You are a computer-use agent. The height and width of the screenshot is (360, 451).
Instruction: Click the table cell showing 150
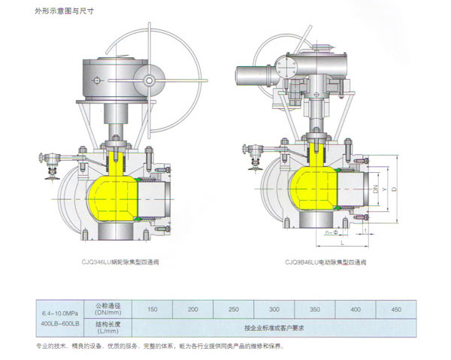pyautogui.click(x=153, y=309)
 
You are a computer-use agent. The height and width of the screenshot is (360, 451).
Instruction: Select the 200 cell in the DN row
pyautogui.click(x=193, y=309)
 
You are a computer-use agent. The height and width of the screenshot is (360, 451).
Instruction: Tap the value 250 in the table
pyautogui.click(x=234, y=309)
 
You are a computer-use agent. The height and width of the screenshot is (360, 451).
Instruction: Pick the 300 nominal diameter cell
pyautogui.click(x=274, y=309)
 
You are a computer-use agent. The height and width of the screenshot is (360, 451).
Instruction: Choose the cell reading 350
pyautogui.click(x=314, y=309)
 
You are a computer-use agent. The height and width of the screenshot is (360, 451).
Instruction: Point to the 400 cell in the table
pyautogui.click(x=354, y=309)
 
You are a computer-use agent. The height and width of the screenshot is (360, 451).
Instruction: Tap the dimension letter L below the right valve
pyautogui.click(x=343, y=244)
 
